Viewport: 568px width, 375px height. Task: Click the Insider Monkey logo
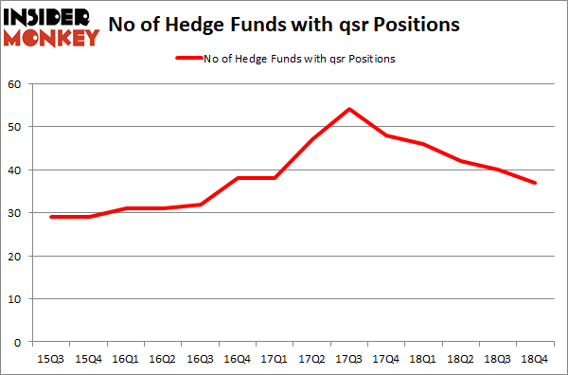(x=52, y=27)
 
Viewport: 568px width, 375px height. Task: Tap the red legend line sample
(x=188, y=59)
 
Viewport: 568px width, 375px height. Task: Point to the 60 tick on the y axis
(x=18, y=84)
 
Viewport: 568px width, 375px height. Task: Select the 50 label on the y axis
(x=18, y=127)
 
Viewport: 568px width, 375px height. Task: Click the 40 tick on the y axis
(x=18, y=170)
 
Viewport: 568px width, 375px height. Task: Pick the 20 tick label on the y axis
(x=18, y=256)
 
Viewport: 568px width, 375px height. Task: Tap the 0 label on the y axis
(x=21, y=342)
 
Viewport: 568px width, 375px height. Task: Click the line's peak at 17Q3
(x=349, y=109)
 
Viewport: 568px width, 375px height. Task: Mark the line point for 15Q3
(x=50, y=217)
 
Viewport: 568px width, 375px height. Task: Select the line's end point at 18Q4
(x=536, y=183)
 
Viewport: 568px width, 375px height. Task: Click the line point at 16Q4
(x=237, y=178)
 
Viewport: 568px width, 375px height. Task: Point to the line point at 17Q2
(x=311, y=139)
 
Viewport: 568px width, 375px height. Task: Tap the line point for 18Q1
(x=423, y=144)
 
